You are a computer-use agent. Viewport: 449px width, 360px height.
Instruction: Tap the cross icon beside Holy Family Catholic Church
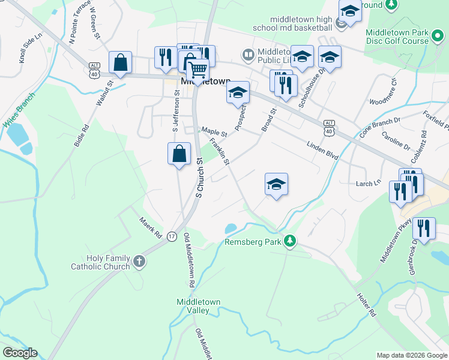click(139, 261)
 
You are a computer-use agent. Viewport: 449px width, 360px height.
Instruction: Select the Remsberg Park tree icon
click(290, 241)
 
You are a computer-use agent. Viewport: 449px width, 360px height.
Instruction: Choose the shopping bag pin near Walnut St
click(121, 62)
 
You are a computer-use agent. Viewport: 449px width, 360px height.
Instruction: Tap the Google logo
click(20, 353)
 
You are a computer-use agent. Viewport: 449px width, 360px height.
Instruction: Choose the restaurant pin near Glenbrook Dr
click(424, 229)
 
